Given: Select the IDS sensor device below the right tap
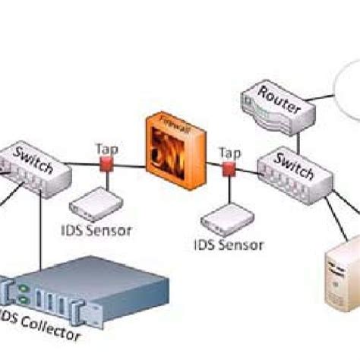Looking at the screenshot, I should [x=223, y=219].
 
